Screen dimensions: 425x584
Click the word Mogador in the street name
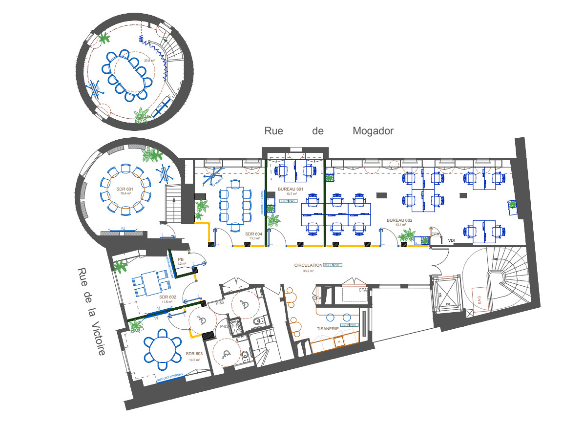373,131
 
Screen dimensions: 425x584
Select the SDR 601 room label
124,189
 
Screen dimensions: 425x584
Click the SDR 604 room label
254,234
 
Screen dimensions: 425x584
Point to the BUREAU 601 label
291,189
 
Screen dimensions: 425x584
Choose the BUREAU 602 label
399,220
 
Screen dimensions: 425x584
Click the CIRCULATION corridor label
308,265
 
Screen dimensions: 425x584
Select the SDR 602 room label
167,297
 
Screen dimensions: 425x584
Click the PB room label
181,259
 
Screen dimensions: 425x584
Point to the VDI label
452,240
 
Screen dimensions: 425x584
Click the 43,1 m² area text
399,225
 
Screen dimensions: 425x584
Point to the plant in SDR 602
119,266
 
